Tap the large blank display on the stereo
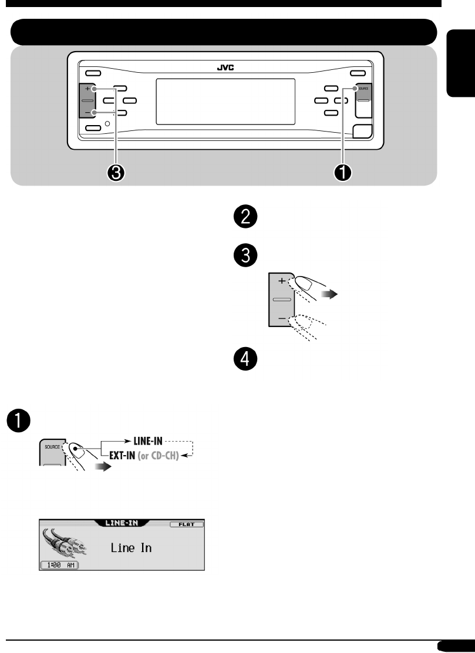225,101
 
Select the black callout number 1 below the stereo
344,172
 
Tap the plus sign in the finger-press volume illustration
281,281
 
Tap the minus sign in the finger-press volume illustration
281,318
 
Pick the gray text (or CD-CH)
163,454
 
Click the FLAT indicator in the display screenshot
187,524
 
